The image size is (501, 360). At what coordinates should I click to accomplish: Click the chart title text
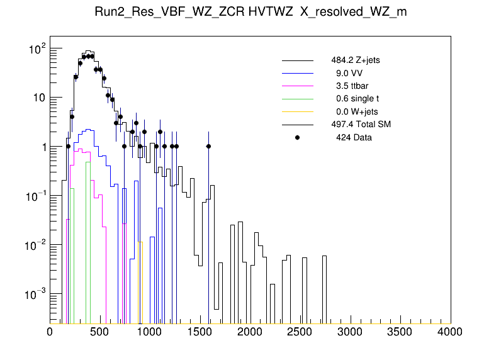click(x=250, y=14)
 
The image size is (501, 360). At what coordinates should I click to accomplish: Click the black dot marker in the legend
click(x=298, y=137)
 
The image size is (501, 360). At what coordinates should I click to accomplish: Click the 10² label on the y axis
click(x=37, y=48)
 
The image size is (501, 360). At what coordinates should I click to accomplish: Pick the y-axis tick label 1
click(x=42, y=147)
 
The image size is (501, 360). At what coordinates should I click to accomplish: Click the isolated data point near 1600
click(x=208, y=146)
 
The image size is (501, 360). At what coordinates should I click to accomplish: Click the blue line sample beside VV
click(x=298, y=73)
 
